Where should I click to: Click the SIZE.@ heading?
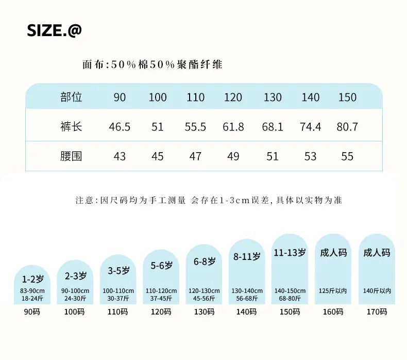54,30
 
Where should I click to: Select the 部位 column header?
71,97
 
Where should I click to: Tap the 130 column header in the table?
273,97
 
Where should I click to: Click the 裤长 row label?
71,127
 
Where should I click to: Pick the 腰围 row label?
71,156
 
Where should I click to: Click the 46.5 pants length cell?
120,127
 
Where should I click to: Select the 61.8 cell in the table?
233,127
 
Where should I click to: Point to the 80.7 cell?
347,127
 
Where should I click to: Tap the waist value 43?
120,156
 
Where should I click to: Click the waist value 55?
347,156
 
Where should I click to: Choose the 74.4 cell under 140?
311,127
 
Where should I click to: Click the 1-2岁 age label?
32,279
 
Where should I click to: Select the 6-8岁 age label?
205,261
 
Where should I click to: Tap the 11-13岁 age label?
290,252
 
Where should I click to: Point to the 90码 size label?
32,312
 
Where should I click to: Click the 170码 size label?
377,312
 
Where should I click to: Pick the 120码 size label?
161,312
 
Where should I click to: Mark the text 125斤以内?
333,291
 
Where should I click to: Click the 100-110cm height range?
118,291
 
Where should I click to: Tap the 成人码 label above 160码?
333,252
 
